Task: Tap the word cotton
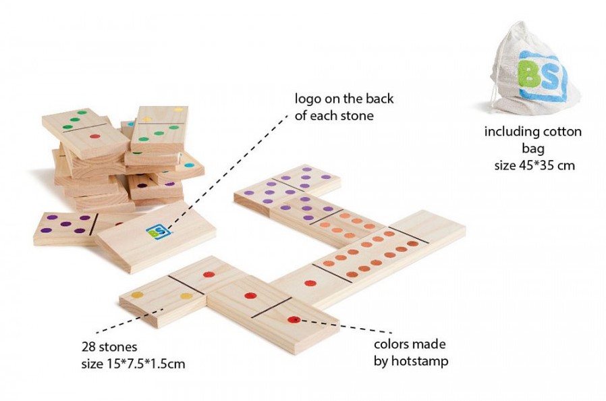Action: click(x=562, y=132)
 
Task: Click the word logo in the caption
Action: click(x=308, y=99)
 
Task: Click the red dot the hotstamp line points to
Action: click(x=294, y=319)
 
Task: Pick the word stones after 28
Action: click(x=118, y=347)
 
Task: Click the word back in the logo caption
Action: click(x=379, y=99)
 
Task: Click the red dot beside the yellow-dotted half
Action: click(x=209, y=275)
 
